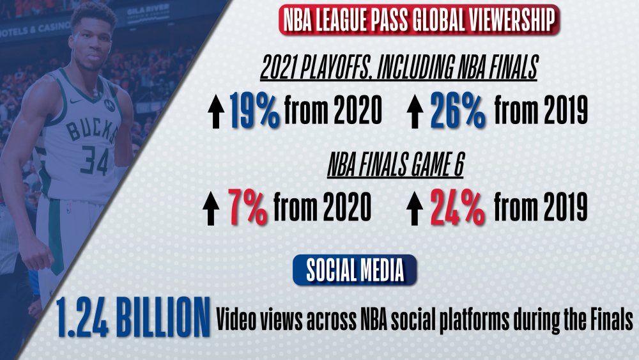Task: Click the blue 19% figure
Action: [x=255, y=110]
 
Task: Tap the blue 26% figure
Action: [x=458, y=110]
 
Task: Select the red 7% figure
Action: [x=248, y=207]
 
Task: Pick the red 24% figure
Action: [x=458, y=207]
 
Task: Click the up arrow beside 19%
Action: [x=216, y=112]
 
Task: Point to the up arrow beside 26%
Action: [x=415, y=112]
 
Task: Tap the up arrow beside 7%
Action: [x=211, y=208]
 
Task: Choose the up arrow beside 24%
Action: [x=415, y=208]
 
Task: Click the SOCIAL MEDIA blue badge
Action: [x=355, y=270]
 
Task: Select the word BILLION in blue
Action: [x=163, y=318]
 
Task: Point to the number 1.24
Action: [x=82, y=318]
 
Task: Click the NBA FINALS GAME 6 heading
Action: [x=396, y=165]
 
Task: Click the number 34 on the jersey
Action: [x=94, y=160]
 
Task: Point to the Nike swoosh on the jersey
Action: [x=76, y=100]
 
